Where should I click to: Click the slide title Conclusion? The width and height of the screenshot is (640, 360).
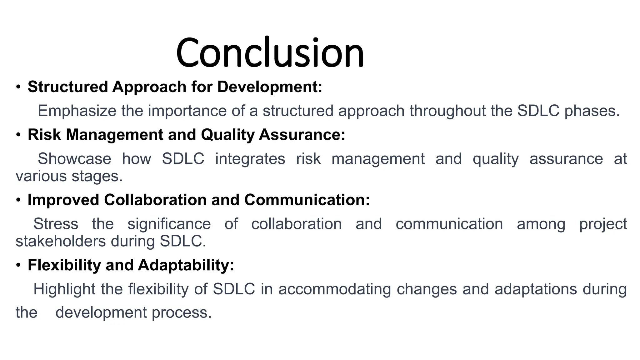[x=270, y=52]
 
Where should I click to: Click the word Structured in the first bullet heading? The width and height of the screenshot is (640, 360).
[x=68, y=87]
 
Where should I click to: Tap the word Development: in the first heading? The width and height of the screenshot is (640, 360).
[x=269, y=87]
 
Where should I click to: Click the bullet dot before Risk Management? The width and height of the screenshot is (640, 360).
[x=18, y=135]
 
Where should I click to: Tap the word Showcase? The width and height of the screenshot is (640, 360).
[x=74, y=159]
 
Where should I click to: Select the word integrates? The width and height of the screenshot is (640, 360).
[x=250, y=159]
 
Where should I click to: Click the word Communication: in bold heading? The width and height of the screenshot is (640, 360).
[x=307, y=200]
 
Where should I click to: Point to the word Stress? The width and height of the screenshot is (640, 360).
[x=56, y=224]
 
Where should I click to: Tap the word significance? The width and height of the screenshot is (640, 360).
[x=169, y=224]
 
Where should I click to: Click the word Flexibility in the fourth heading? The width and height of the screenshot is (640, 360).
[x=64, y=265]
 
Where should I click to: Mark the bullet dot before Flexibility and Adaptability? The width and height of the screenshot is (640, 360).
[x=18, y=265]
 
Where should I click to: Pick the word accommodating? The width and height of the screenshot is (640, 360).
[x=335, y=289]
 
